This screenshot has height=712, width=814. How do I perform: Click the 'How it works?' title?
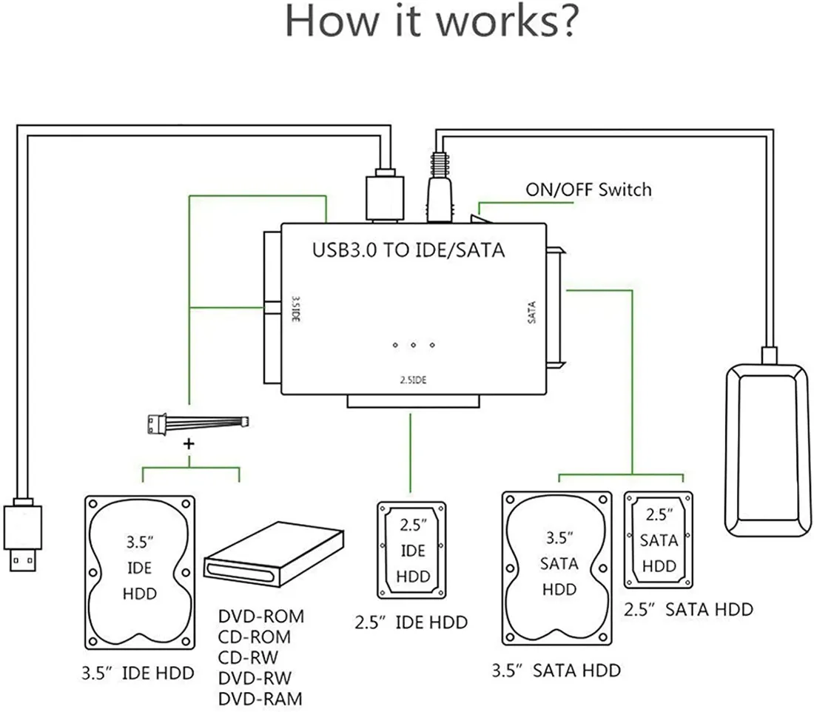431,22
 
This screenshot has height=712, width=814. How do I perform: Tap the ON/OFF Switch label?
588,189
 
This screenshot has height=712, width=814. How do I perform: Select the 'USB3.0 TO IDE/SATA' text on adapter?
408,249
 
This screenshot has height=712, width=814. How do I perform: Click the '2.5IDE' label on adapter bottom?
408,380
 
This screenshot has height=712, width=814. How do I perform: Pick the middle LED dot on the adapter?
413,346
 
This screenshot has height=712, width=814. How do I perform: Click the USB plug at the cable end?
22,537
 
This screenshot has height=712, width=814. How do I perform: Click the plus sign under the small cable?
189,444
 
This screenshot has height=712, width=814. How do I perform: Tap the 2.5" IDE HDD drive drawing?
412,551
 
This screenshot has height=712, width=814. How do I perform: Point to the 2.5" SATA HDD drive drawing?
658,540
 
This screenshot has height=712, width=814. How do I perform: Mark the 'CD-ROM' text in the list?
255,637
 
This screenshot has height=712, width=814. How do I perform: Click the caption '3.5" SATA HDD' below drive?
556,671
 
